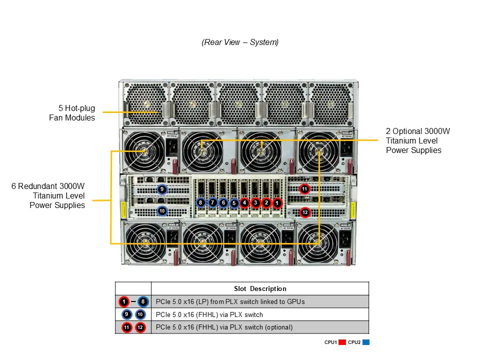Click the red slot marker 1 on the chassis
pos(277,203)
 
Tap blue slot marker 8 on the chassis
pos(200,203)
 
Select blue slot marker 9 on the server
pos(162,189)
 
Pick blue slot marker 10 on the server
pos(162,211)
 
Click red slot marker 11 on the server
pos(305,189)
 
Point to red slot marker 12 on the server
pos(305,212)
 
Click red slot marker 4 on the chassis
pos(244,203)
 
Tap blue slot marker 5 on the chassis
pos(233,203)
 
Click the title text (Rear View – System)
pos(240,42)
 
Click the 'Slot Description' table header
pos(260,288)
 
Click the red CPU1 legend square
pos(342,342)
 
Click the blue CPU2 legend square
pos(365,342)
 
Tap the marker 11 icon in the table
pos(127,327)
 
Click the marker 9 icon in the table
pos(127,314)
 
